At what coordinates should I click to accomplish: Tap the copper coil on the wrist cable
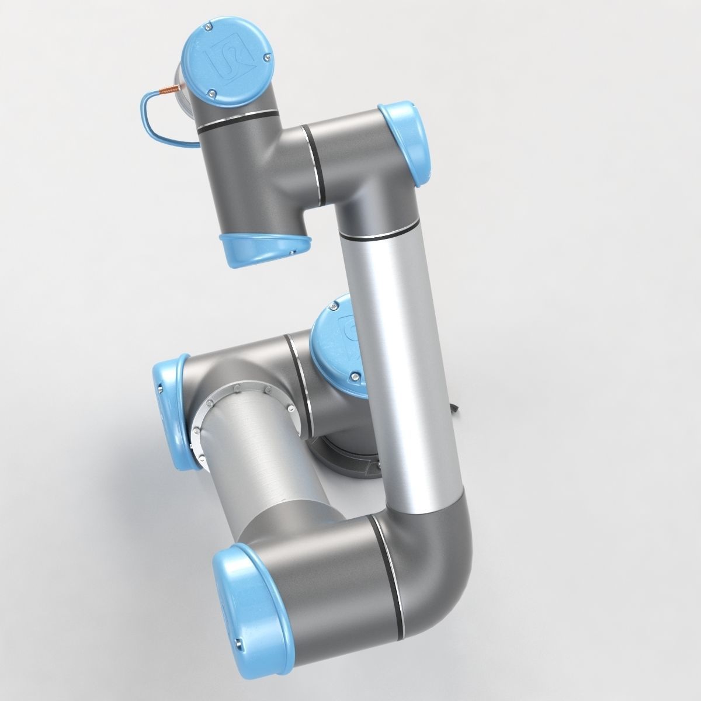pyautogui.click(x=168, y=92)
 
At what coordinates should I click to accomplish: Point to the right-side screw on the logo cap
pyautogui.click(x=266, y=57)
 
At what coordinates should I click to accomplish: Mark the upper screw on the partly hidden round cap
pyautogui.click(x=333, y=306)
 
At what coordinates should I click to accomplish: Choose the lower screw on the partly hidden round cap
pyautogui.click(x=353, y=377)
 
